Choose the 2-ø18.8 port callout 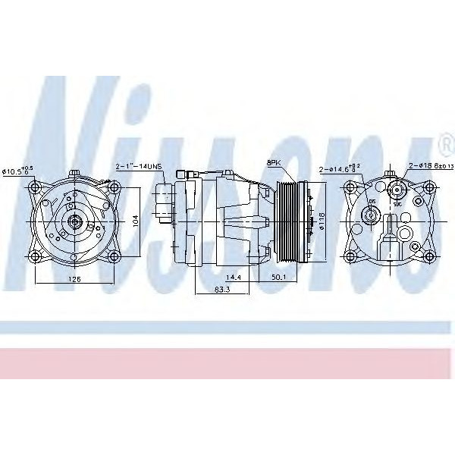pos(431,166)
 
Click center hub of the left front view pos(75,221)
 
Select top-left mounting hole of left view pos(38,187)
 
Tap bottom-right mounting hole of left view pos(112,256)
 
